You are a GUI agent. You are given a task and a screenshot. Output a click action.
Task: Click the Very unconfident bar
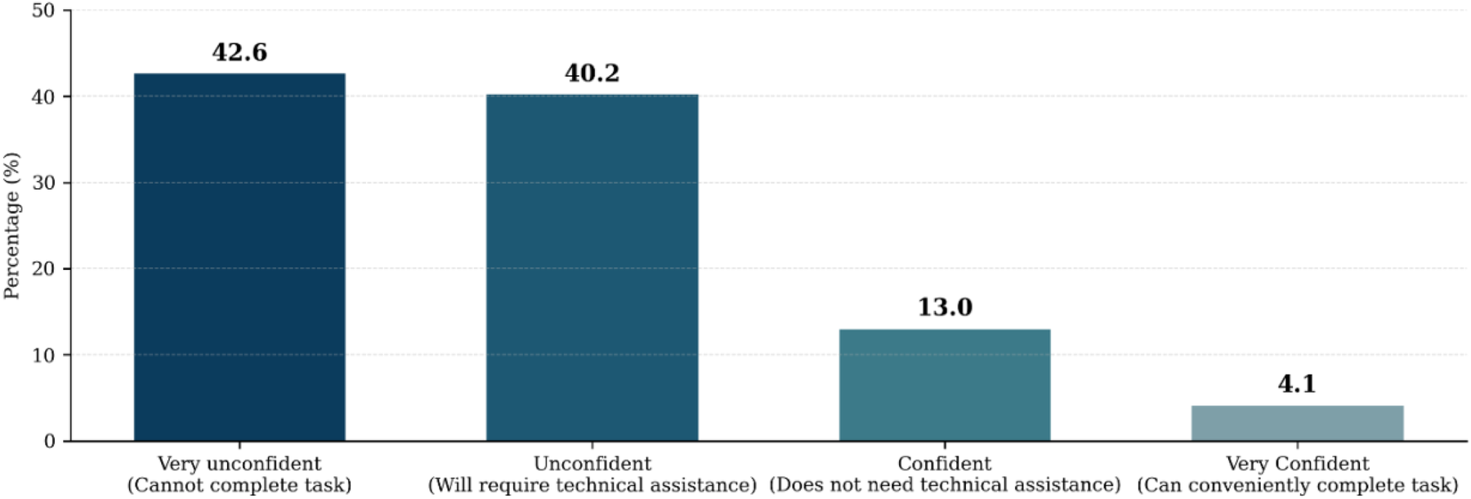tap(239, 257)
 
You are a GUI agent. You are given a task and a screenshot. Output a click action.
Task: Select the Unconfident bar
tap(592, 267)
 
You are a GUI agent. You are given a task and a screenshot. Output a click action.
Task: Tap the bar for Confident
tap(945, 384)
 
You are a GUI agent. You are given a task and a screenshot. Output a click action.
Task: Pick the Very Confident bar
tap(1297, 423)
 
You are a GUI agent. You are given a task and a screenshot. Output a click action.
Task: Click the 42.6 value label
tap(239, 52)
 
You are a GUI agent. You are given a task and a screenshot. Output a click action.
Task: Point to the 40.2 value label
tap(592, 74)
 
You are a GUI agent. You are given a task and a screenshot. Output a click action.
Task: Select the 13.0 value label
tap(945, 308)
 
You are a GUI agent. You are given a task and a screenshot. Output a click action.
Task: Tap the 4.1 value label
tap(1297, 384)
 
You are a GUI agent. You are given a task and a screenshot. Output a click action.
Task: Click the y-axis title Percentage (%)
tap(11, 226)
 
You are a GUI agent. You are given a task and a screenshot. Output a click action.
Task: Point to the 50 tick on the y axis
tap(43, 11)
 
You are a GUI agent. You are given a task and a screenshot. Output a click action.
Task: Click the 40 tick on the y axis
tap(43, 97)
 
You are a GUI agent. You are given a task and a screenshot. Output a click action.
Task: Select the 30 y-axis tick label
tap(43, 182)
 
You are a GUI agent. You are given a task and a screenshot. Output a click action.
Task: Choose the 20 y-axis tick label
tap(43, 268)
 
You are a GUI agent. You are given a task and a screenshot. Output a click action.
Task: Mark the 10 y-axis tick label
tap(43, 355)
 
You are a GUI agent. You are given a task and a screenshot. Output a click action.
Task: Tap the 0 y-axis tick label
tap(50, 441)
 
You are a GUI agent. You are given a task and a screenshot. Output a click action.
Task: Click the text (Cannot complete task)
tap(239, 485)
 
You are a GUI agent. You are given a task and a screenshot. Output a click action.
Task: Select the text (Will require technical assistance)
tap(592, 485)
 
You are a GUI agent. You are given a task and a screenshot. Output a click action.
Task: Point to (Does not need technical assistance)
tap(945, 485)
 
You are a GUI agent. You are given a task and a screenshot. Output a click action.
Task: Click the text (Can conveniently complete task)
tap(1297, 485)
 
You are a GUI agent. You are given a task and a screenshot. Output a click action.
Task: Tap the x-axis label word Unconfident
tap(592, 464)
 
